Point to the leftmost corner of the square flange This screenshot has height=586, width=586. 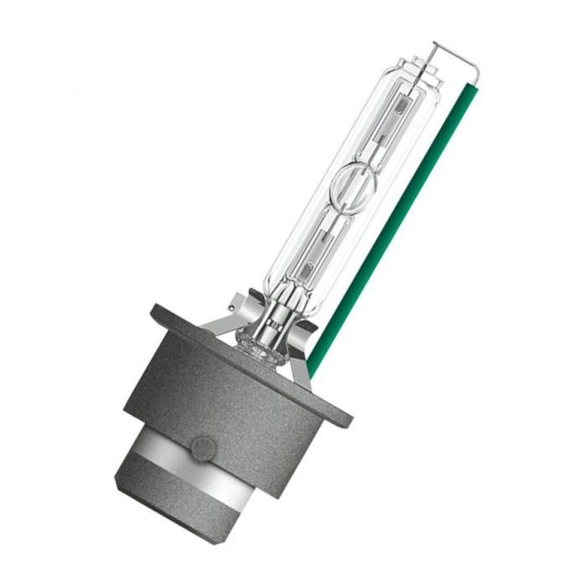pyautogui.click(x=153, y=311)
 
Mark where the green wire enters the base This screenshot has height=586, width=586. pyautogui.click(x=311, y=372)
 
